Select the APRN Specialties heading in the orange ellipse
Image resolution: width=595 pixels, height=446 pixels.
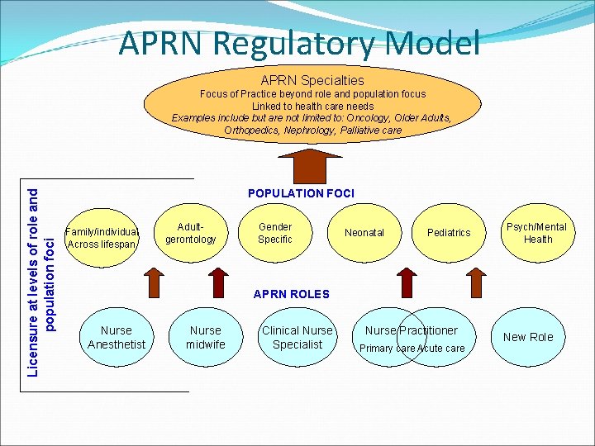coord(312,80)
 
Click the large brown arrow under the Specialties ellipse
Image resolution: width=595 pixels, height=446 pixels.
coord(312,163)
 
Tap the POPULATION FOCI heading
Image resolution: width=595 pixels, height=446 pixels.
coord(301,193)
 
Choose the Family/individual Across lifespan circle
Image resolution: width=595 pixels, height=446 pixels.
coord(104,238)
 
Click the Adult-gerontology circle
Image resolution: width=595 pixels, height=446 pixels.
coord(190,233)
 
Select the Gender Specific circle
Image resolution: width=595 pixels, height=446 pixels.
coord(275,233)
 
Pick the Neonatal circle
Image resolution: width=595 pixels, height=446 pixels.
coord(364,233)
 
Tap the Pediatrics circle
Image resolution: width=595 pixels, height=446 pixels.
coord(449,233)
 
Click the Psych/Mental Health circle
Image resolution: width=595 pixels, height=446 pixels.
coord(537,233)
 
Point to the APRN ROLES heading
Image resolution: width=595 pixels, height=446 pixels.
coord(291,294)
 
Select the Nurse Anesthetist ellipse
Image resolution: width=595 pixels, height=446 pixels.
coord(117,337)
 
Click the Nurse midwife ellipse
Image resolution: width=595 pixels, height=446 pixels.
coord(205,337)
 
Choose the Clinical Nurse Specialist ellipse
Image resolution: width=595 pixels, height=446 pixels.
coord(297,337)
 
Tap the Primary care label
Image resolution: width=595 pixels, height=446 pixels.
coord(387,349)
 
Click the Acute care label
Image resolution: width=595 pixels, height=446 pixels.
coord(441,349)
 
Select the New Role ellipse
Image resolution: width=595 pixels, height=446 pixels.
coord(528,337)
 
